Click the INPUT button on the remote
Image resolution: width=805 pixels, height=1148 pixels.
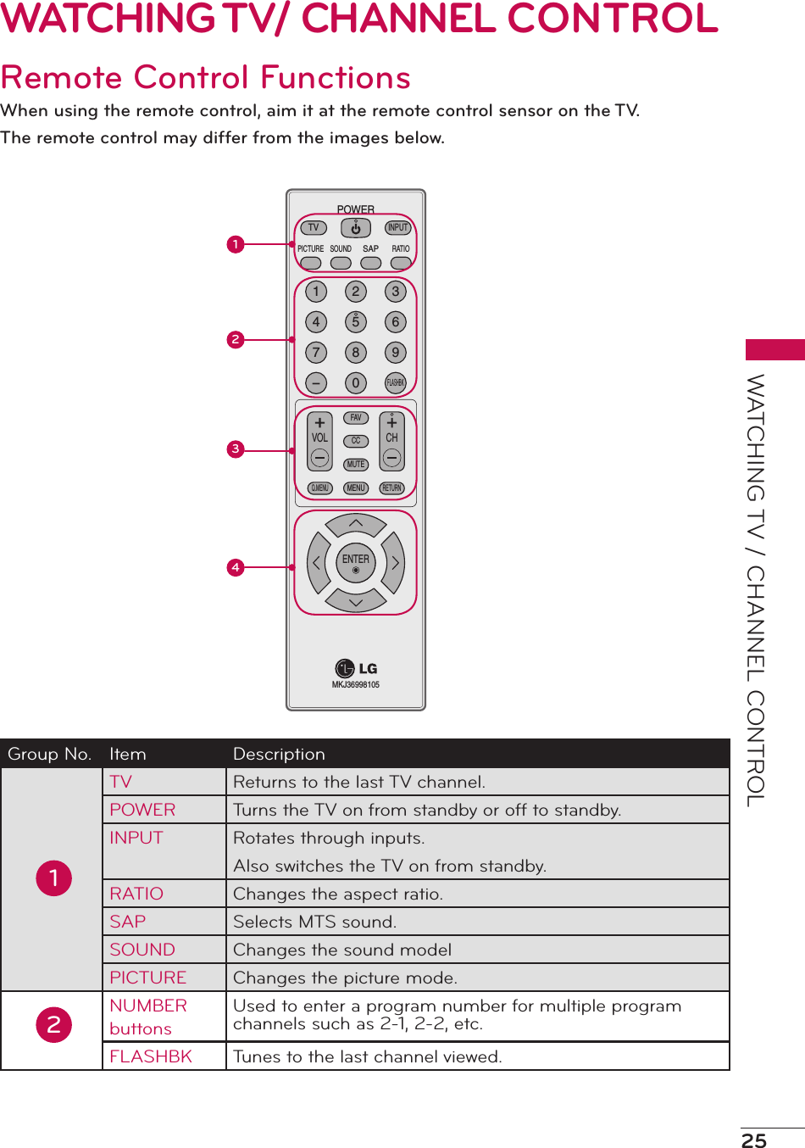point(397,228)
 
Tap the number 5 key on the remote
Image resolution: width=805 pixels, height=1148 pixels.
point(356,322)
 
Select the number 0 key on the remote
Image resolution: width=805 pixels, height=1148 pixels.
point(356,383)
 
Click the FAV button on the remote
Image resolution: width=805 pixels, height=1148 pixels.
point(356,418)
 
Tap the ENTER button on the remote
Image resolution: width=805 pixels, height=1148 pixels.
point(356,562)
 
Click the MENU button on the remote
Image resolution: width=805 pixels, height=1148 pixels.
point(356,488)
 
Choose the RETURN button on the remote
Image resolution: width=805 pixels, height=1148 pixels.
point(391,488)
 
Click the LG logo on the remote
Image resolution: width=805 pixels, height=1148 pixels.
point(356,669)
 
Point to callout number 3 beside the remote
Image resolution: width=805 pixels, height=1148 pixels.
point(236,449)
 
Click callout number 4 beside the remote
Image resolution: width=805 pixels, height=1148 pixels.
point(236,567)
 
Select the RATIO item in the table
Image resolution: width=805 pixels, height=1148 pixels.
point(136,894)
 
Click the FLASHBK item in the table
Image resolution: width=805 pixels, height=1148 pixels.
point(151,1056)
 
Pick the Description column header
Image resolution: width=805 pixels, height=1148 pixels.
point(279,754)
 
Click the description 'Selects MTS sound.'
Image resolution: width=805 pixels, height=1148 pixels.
point(314,922)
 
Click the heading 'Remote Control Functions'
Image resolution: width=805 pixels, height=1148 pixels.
point(206,78)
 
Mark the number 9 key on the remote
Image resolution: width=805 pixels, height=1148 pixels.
point(395,353)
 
